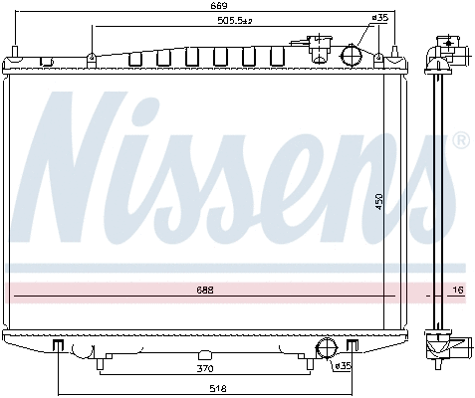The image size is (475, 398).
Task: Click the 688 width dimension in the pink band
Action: tap(204, 290)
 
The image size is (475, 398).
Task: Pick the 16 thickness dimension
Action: tap(458, 290)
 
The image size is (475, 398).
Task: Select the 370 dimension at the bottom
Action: tap(204, 368)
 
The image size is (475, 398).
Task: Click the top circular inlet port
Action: tap(352, 54)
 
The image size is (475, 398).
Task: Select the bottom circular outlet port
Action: tap(324, 347)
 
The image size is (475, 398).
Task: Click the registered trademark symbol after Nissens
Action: tap(460, 141)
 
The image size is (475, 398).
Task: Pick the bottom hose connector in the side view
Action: tap(453, 348)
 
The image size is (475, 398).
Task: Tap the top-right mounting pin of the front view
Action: tap(395, 52)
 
